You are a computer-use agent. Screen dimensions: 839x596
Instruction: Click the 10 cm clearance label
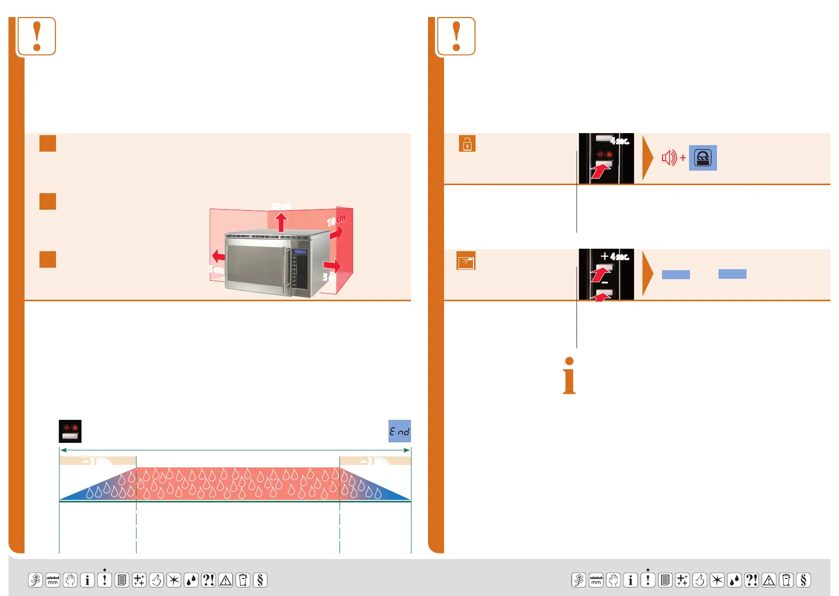click(336, 220)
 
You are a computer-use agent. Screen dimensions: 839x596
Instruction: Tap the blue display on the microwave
click(300, 252)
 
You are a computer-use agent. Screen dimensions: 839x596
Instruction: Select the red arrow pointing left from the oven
click(218, 256)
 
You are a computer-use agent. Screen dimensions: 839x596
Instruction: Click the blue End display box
click(399, 431)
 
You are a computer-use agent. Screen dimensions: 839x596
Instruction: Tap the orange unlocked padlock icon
click(467, 144)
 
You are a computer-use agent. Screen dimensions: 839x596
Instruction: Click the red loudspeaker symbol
click(669, 158)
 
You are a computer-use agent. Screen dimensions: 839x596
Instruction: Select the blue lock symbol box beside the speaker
click(702, 158)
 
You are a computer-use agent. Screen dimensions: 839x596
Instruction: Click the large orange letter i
click(569, 376)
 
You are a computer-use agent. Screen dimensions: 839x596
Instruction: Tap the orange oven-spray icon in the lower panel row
click(466, 261)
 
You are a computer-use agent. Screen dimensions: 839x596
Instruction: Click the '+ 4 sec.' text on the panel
click(615, 257)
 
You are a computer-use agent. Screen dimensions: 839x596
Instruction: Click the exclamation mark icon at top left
click(36, 36)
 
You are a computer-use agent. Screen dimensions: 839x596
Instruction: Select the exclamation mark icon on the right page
click(456, 36)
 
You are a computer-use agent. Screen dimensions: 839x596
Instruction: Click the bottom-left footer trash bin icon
click(243, 580)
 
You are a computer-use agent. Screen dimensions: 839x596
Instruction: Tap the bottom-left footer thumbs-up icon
click(156, 580)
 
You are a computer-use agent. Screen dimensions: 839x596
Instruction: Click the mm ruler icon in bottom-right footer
click(596, 580)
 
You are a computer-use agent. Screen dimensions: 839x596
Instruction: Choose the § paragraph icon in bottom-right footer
click(803, 580)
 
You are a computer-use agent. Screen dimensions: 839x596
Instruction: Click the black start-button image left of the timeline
click(70, 431)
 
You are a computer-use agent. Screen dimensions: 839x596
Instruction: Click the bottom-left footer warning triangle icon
click(225, 580)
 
